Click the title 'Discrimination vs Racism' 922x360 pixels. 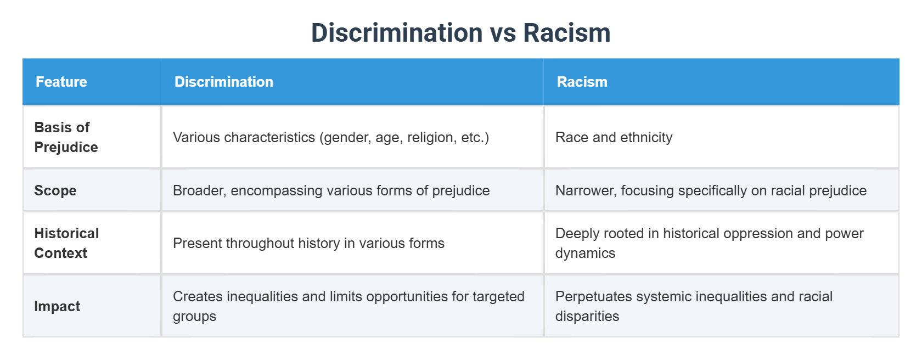click(x=460, y=33)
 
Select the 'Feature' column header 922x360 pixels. click(x=61, y=82)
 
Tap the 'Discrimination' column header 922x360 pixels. click(x=223, y=82)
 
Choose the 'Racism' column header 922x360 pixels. click(x=582, y=82)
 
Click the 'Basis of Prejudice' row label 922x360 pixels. click(x=66, y=137)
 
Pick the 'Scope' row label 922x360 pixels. click(x=55, y=190)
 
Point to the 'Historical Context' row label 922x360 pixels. click(x=66, y=243)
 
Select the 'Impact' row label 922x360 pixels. click(x=57, y=306)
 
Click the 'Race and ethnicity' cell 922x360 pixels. click(x=614, y=137)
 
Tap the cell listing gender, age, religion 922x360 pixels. click(x=330, y=137)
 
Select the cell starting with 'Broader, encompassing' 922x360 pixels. click(x=331, y=190)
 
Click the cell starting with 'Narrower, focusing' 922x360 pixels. click(x=711, y=190)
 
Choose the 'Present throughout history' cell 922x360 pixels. click(x=308, y=243)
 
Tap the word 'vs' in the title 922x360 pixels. click(x=503, y=33)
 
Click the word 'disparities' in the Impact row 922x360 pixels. click(x=587, y=317)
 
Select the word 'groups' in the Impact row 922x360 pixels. click(x=194, y=317)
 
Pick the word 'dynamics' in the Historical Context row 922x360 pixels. click(x=585, y=254)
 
